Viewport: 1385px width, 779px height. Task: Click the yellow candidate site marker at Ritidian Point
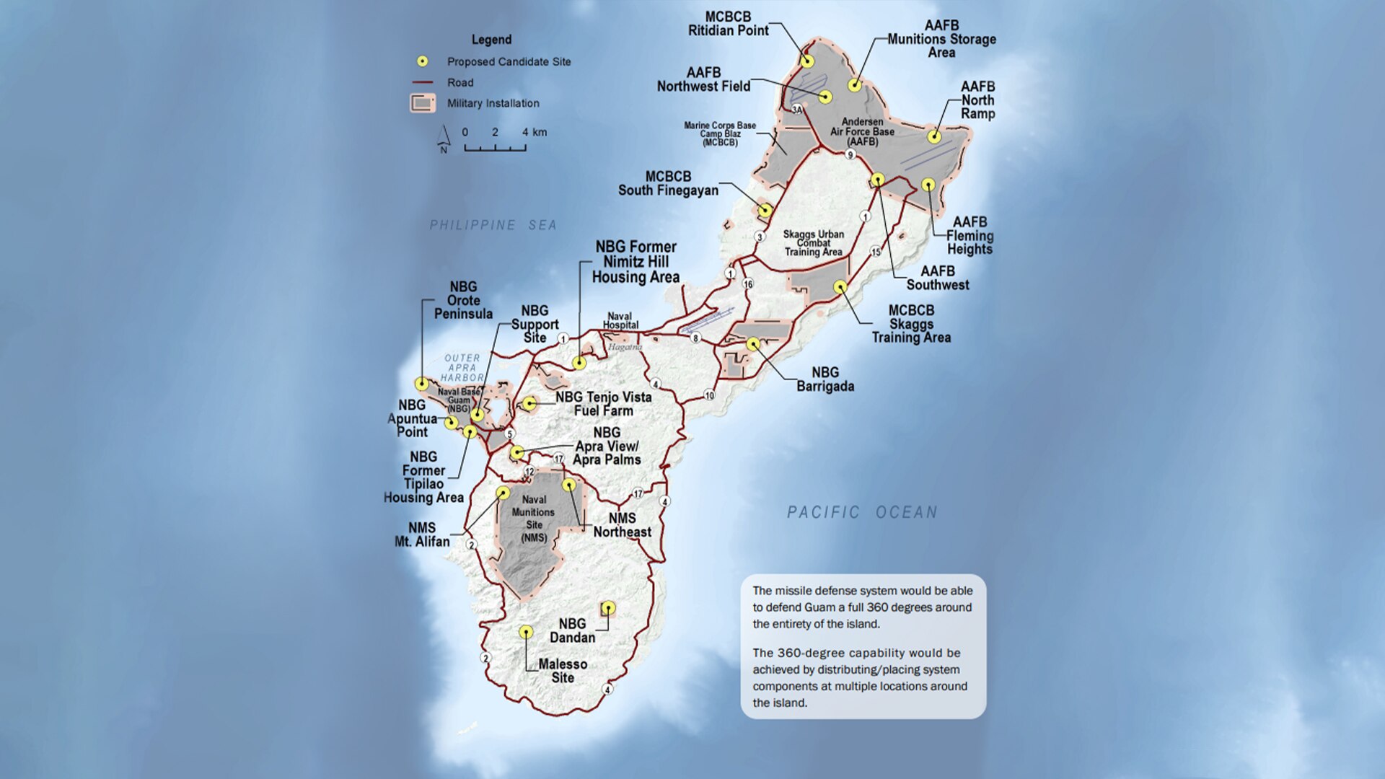pyautogui.click(x=807, y=61)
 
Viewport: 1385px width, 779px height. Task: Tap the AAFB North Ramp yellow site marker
pyautogui.click(x=934, y=136)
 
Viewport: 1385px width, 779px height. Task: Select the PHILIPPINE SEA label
pyautogui.click(x=493, y=225)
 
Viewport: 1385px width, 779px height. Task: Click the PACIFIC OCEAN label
pyautogui.click(x=862, y=512)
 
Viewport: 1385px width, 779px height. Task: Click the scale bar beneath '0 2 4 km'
pyautogui.click(x=495, y=148)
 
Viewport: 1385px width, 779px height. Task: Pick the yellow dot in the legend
pyautogui.click(x=423, y=61)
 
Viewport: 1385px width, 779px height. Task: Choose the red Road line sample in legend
pyautogui.click(x=423, y=82)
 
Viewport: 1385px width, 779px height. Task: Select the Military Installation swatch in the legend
pyautogui.click(x=423, y=103)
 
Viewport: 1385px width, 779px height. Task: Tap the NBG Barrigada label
pyautogui.click(x=825, y=379)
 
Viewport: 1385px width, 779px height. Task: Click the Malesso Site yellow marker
pyautogui.click(x=527, y=633)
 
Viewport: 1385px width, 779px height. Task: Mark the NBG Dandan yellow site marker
pyautogui.click(x=608, y=608)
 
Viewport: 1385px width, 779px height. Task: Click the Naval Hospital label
pyautogui.click(x=620, y=321)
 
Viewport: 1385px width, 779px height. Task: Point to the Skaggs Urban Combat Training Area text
pyautogui.click(x=813, y=243)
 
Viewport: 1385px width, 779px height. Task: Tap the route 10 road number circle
pyautogui.click(x=710, y=395)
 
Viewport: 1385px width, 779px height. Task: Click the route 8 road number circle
pyautogui.click(x=695, y=338)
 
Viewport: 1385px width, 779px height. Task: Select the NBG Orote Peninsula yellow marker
pyautogui.click(x=422, y=384)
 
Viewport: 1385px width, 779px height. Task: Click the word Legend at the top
pyautogui.click(x=491, y=40)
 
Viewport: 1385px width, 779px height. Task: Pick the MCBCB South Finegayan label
pyautogui.click(x=668, y=183)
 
